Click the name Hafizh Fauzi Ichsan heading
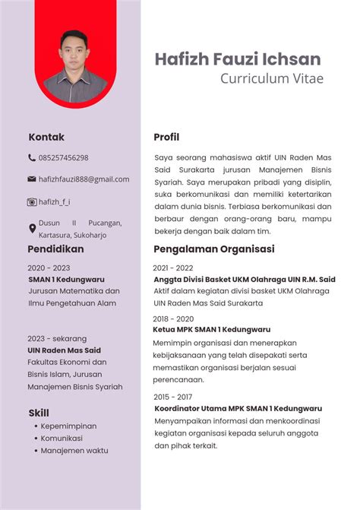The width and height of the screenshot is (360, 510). [237, 59]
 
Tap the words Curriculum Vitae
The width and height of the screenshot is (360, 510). [271, 78]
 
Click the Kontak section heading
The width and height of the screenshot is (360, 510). [46, 138]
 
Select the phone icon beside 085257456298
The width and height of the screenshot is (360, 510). [32, 158]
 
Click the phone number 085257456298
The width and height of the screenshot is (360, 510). [63, 158]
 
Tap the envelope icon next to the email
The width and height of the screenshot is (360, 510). [32, 179]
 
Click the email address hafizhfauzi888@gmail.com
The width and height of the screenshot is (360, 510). [84, 179]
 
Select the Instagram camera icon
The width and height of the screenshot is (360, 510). [32, 202]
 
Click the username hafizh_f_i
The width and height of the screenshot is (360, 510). [54, 202]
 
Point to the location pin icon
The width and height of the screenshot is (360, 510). [32, 228]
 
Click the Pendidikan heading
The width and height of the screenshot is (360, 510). [55, 249]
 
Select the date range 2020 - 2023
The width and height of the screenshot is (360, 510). [49, 268]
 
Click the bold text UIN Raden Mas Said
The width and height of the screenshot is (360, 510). [64, 350]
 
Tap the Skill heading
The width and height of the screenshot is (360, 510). [39, 413]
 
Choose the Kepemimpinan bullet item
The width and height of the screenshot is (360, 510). [68, 426]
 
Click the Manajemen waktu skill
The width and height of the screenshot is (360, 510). [74, 450]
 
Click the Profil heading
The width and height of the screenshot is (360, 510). [166, 138]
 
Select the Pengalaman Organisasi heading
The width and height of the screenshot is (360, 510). [213, 249]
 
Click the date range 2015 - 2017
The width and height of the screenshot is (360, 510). [172, 397]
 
